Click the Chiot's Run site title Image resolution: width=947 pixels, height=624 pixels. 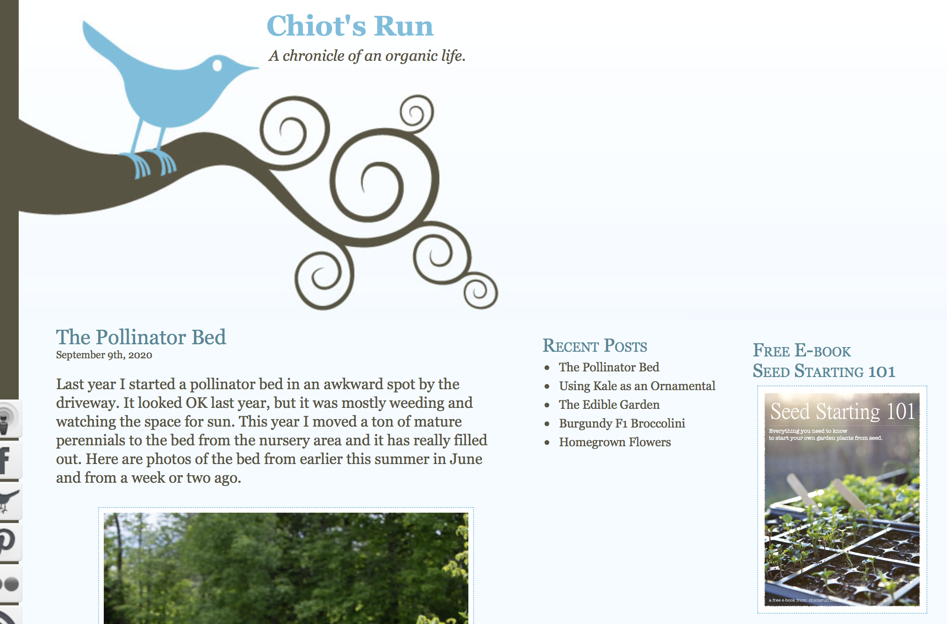[350, 26]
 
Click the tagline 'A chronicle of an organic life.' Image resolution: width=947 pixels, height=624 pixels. [367, 56]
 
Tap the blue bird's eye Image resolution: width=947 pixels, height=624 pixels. [217, 65]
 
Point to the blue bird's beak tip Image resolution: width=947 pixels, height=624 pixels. [258, 68]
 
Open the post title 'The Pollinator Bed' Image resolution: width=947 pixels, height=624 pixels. [141, 337]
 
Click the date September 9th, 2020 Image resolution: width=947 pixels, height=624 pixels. [104, 355]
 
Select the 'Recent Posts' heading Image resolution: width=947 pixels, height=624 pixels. [595, 346]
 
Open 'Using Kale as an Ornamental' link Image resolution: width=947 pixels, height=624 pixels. [637, 386]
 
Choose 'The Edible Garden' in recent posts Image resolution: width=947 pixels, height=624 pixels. [610, 405]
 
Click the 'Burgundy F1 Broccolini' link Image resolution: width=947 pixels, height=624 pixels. [622, 423]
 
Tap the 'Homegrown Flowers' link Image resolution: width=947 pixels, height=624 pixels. [615, 442]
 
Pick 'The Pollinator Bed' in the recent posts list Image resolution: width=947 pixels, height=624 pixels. [609, 367]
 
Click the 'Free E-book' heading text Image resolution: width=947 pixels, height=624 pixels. [802, 350]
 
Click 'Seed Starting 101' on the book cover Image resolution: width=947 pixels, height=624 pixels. [842, 412]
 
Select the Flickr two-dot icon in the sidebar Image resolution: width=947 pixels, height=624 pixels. [9, 584]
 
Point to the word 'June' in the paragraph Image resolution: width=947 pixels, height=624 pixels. [466, 459]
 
